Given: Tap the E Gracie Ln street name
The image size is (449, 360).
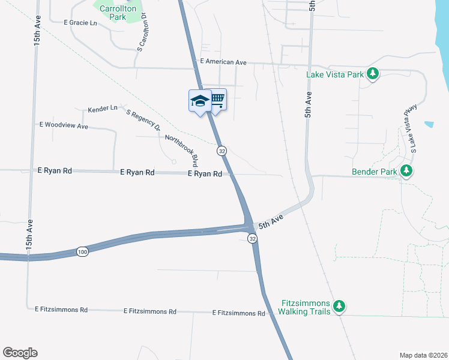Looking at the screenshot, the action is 80,23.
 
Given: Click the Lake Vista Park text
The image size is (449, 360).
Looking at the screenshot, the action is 335,75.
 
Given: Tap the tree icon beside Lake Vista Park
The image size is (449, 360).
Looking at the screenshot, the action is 373,74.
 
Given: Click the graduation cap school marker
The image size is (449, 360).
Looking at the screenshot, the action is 199,100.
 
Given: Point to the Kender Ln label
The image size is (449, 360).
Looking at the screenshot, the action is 102,109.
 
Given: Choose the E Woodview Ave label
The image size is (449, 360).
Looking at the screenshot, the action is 64,126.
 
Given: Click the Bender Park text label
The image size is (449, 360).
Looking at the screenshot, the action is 375,172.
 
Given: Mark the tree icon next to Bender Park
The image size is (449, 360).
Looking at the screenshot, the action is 407,171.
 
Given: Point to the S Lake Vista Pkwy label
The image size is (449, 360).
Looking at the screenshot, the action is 409,128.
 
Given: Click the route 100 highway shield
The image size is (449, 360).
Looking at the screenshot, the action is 82,251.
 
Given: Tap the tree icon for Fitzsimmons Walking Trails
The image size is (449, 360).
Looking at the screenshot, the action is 339,307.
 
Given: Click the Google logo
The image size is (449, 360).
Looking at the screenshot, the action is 20,353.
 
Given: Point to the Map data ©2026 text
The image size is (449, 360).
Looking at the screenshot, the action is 423,355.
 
